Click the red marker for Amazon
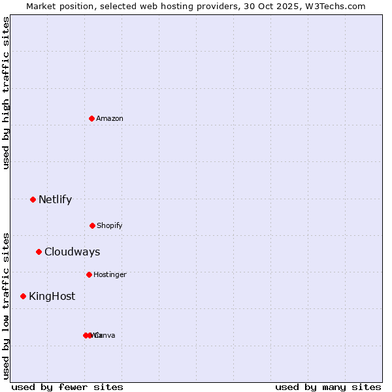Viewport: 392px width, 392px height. (x=91, y=118)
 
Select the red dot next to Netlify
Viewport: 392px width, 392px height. (x=33, y=199)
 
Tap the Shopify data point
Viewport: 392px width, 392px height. (x=92, y=225)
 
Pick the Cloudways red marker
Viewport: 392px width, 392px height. (x=39, y=252)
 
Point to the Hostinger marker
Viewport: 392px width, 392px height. (x=89, y=274)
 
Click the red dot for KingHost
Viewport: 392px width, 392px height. (x=24, y=296)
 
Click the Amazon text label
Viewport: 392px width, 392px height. (x=109, y=118)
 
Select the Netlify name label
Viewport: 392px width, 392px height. (x=55, y=199)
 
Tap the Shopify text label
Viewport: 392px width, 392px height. (x=109, y=225)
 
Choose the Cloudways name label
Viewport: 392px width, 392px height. (x=72, y=252)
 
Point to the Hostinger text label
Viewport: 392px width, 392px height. (x=110, y=274)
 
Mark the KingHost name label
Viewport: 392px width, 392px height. (x=52, y=296)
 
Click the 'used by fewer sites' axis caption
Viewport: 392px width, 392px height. (x=67, y=387)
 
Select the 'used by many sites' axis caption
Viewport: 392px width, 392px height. (x=328, y=387)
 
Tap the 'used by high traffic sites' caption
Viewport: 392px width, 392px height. (x=6, y=93)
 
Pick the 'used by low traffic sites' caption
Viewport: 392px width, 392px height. (x=6, y=305)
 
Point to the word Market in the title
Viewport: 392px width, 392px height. (x=41, y=6)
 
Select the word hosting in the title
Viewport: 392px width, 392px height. (x=173, y=6)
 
